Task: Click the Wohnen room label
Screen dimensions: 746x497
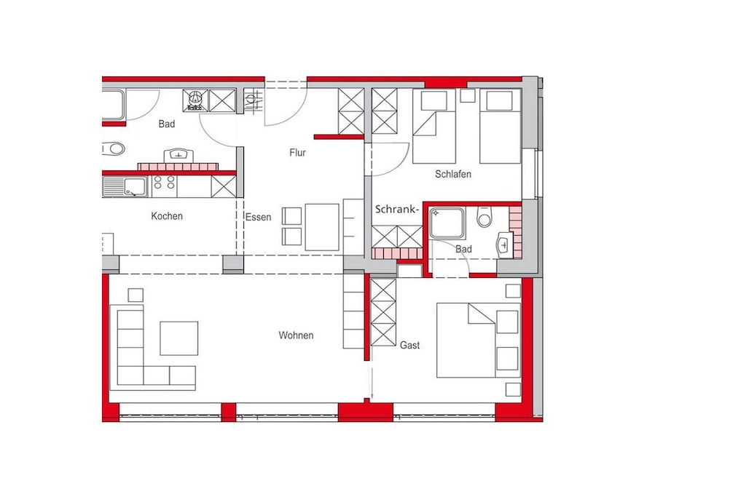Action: (x=296, y=335)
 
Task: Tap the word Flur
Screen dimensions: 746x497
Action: (x=297, y=153)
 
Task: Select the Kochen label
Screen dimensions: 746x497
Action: (x=167, y=216)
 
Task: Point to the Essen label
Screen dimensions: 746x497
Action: (x=259, y=217)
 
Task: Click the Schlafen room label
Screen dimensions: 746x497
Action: (x=453, y=175)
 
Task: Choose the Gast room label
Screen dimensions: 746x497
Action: (x=409, y=346)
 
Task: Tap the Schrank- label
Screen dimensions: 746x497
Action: (x=397, y=210)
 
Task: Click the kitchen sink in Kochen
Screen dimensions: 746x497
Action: (x=125, y=187)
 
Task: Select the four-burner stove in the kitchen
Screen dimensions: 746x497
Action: (x=164, y=186)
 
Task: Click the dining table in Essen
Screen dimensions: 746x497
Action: (x=322, y=227)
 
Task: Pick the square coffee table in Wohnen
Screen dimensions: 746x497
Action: (x=179, y=338)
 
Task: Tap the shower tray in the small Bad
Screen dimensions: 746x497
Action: (x=447, y=223)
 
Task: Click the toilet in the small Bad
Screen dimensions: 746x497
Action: (x=484, y=217)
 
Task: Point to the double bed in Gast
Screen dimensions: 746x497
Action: (x=478, y=341)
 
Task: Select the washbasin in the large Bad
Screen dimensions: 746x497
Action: (x=178, y=156)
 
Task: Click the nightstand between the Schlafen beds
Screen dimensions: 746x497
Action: (x=467, y=95)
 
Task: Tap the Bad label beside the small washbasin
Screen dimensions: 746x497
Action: (x=463, y=250)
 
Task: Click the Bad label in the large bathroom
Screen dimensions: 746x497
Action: (x=167, y=124)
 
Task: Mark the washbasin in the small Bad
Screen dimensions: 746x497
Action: (x=503, y=244)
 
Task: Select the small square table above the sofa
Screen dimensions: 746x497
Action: (x=136, y=295)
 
